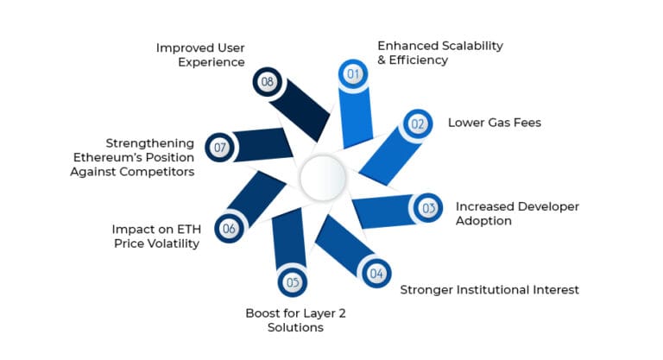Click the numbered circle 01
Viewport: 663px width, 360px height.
352,74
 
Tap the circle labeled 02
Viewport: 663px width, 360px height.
418,124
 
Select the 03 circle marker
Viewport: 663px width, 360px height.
427,208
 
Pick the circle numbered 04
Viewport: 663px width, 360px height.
376,274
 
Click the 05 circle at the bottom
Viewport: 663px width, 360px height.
292,281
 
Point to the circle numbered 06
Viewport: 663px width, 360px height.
229,229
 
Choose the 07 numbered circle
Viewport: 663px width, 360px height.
219,148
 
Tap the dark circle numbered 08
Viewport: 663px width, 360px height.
267,83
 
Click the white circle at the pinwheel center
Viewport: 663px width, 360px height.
323,179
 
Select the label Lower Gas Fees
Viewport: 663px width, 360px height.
494,123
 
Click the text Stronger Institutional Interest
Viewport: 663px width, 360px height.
489,289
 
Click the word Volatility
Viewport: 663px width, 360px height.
171,244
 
